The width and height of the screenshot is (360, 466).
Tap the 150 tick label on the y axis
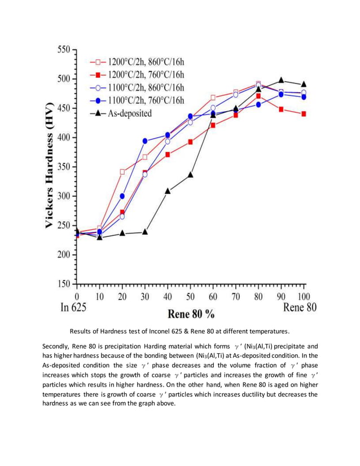point(62,284)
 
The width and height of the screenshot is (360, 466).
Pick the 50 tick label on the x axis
point(190,296)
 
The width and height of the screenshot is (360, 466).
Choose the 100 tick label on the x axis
point(304,296)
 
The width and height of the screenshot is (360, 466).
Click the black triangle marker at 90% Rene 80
point(281,80)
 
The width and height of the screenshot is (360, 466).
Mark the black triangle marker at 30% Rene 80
point(145,231)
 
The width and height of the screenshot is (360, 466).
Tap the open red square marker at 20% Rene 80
point(122,172)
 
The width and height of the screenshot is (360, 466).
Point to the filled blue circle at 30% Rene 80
point(145,141)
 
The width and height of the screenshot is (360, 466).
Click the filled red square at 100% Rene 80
point(304,114)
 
